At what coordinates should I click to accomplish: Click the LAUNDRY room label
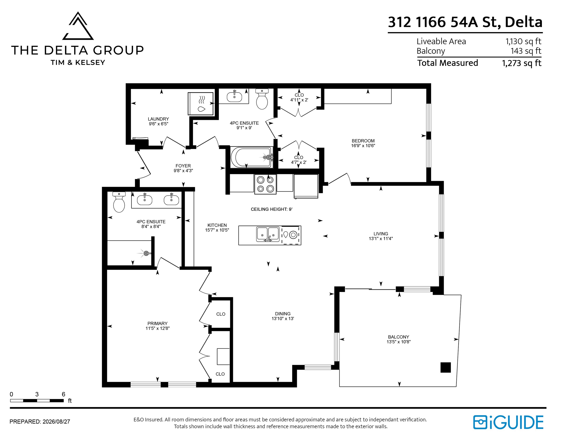(158, 119)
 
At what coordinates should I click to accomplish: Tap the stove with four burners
(265, 184)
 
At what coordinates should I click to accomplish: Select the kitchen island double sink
(268, 234)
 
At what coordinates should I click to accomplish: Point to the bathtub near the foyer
(252, 157)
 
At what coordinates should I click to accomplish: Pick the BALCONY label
(399, 337)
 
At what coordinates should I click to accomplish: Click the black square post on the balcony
(446, 367)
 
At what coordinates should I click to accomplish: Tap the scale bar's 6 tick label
(63, 394)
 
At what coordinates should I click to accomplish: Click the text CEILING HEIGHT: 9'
(271, 209)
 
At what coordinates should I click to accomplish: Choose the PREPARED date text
(40, 422)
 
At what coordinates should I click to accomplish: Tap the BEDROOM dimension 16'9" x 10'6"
(363, 146)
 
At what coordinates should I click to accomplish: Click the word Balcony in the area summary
(431, 51)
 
